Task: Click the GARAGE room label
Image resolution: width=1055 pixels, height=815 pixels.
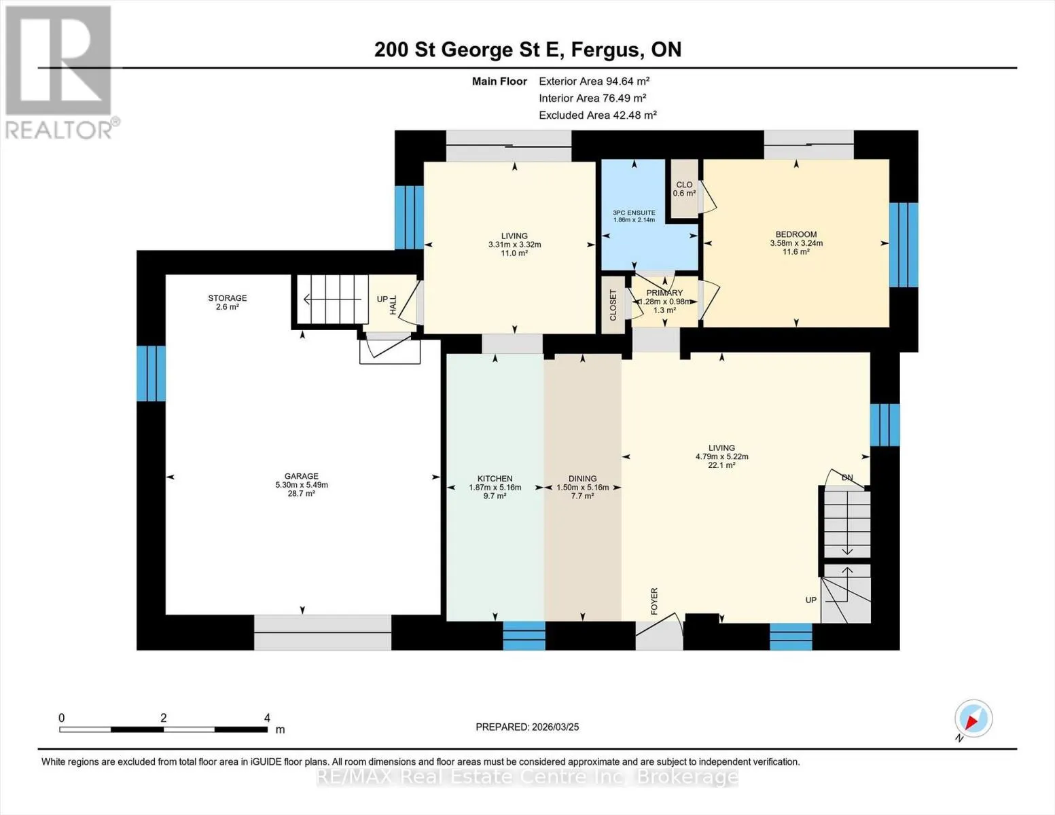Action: click(302, 476)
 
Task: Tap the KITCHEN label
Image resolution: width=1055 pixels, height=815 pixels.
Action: click(495, 479)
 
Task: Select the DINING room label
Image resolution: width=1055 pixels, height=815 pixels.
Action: click(583, 479)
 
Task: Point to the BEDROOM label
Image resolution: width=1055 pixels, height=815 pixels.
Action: click(796, 234)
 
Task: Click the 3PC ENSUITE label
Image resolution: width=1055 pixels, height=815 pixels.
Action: click(634, 213)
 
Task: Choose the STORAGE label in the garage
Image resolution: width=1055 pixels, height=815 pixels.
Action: click(227, 298)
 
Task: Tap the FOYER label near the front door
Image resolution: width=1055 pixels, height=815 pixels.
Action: click(654, 601)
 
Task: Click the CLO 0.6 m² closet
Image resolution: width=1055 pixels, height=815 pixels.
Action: click(684, 188)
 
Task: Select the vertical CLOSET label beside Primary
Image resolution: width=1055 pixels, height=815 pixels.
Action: click(613, 306)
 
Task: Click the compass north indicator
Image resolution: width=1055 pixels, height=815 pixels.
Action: click(973, 719)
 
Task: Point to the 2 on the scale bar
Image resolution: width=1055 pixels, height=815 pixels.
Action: click(164, 718)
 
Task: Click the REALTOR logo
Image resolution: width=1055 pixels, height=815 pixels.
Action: click(60, 73)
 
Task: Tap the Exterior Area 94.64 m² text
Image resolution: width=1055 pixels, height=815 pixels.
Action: click(594, 81)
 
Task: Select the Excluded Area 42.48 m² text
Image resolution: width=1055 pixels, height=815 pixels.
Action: click(598, 115)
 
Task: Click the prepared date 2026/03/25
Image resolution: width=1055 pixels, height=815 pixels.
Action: click(556, 727)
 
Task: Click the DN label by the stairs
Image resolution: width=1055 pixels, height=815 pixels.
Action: click(847, 477)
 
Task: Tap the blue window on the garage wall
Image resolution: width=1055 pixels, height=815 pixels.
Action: click(151, 374)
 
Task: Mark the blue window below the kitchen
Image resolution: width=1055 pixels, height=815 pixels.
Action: click(524, 636)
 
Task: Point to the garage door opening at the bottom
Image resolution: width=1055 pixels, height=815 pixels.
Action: click(323, 632)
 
